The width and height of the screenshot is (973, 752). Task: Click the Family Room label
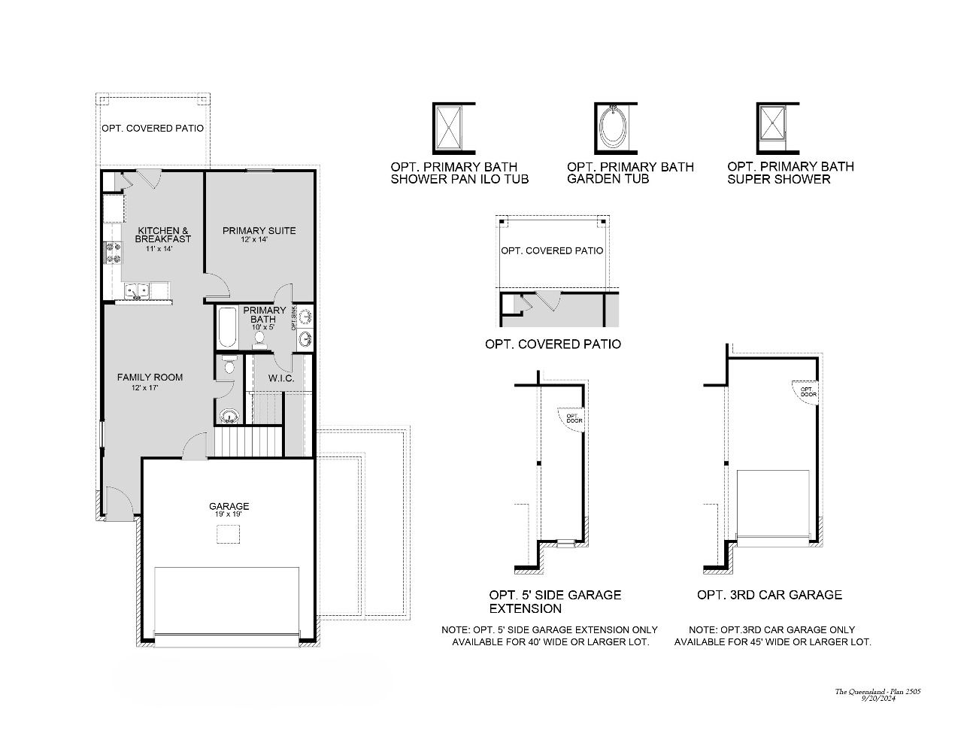point(150,378)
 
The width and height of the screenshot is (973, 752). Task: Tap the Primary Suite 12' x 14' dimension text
point(259,240)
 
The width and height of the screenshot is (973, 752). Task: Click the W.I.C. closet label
point(281,378)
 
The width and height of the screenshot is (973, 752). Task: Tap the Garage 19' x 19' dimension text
point(229,515)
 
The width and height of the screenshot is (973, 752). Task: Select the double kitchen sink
point(137,290)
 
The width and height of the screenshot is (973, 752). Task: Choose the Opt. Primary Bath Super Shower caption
point(790,173)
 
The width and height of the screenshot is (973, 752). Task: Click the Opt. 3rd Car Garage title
point(769,595)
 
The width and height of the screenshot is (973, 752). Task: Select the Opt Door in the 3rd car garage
point(806,392)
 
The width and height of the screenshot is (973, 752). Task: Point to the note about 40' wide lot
point(550,636)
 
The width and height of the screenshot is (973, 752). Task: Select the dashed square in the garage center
point(229,534)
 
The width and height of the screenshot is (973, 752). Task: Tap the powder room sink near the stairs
point(229,416)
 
